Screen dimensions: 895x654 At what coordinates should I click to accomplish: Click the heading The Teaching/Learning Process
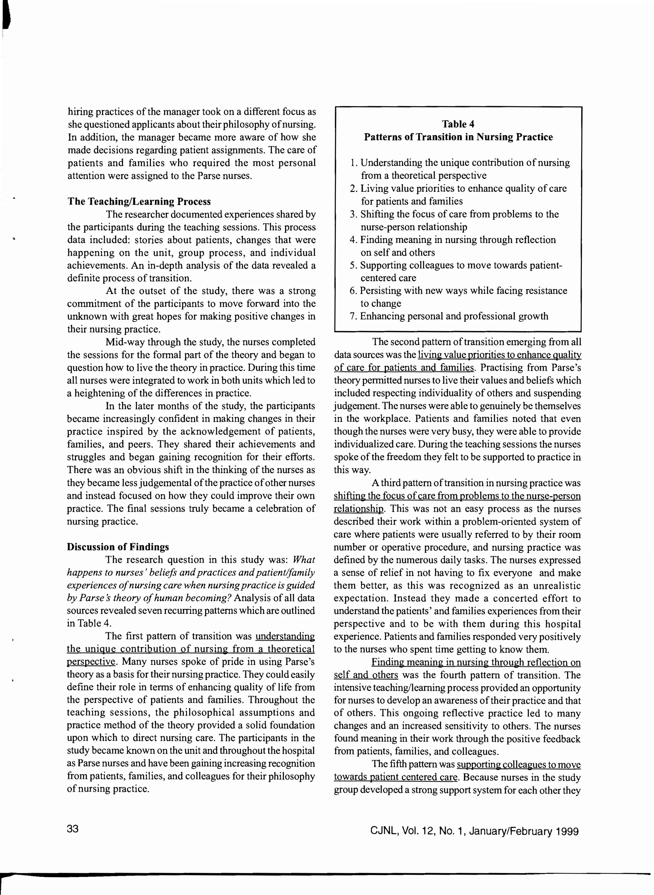[139, 201]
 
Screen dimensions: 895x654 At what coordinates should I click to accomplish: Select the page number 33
[73, 829]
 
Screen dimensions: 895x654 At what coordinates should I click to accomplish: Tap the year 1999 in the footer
[567, 831]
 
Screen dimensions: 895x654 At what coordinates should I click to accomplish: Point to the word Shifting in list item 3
[374, 214]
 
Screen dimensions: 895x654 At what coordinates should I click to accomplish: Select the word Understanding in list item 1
[391, 163]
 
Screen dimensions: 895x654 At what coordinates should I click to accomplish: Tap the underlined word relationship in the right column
[359, 509]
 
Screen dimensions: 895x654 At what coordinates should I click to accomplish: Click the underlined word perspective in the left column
[91, 662]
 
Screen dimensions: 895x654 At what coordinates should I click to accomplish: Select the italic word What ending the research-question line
[304, 560]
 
